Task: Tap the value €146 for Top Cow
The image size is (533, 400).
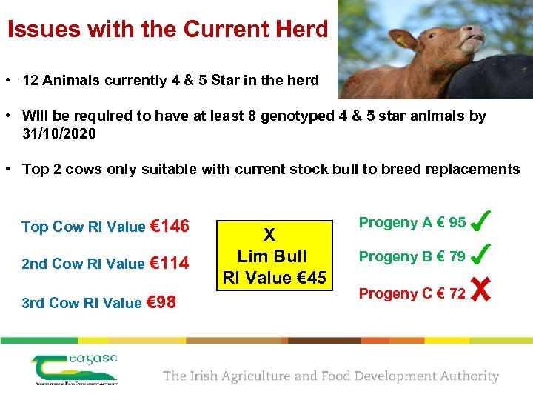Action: coord(170,226)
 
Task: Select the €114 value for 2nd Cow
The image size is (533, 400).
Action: coord(169,263)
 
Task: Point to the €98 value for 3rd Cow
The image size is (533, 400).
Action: coord(161,301)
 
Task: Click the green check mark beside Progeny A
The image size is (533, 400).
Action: coord(480,221)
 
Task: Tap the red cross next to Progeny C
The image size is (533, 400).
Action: coord(480,293)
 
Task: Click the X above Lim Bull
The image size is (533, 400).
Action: coord(270,236)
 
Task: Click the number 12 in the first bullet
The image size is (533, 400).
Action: coord(30,80)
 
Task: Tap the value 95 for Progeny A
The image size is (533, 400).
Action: coord(457,222)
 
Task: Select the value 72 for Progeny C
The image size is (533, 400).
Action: coord(457,293)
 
